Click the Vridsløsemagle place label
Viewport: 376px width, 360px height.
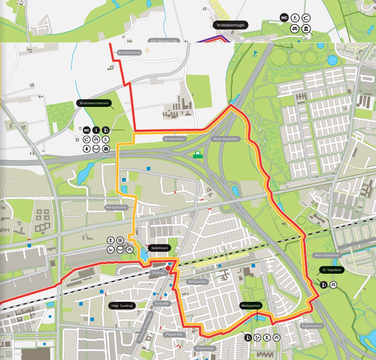[230, 25]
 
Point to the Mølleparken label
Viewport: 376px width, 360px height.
[250, 306]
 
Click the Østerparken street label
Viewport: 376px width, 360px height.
[197, 282]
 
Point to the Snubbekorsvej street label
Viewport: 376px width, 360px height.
[129, 52]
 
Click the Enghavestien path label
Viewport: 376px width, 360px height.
[312, 326]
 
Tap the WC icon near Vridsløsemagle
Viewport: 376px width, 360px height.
[284, 18]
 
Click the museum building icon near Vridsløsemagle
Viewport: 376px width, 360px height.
[306, 30]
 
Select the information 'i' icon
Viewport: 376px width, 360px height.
[96, 130]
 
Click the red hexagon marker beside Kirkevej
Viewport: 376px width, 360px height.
[168, 268]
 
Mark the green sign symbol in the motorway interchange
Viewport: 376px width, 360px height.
[196, 155]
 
